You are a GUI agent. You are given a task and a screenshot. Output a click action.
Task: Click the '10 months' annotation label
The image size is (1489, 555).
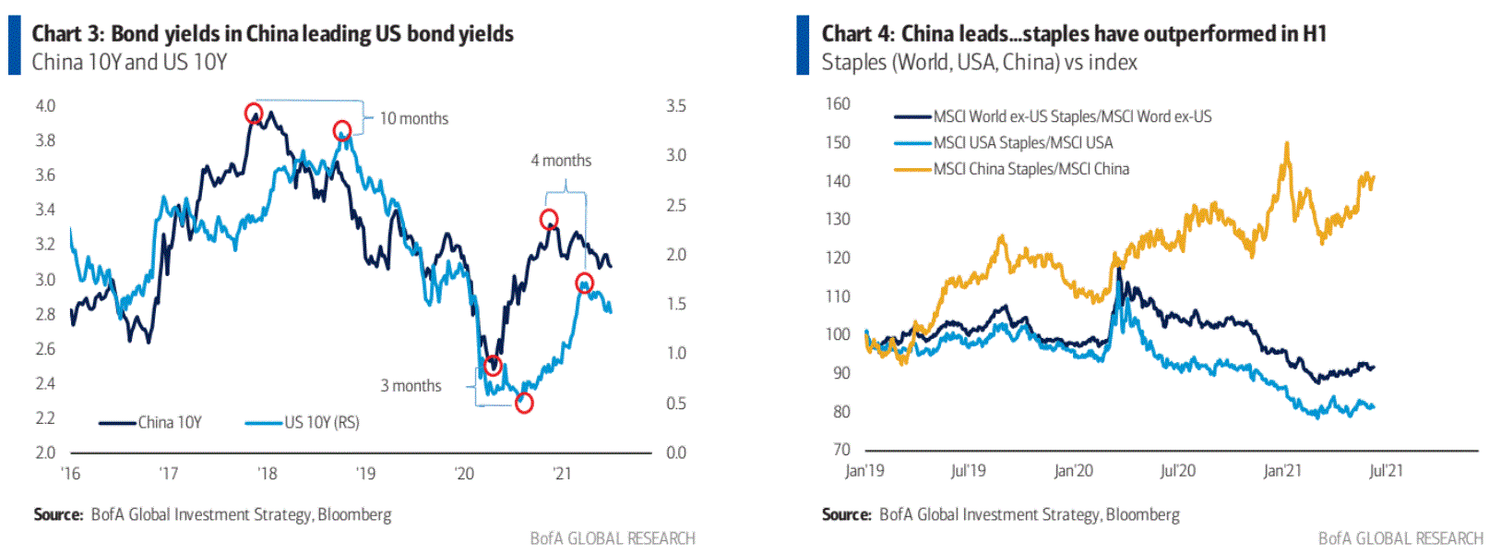click(413, 118)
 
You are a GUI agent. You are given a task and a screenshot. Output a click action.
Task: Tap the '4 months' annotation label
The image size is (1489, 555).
click(561, 161)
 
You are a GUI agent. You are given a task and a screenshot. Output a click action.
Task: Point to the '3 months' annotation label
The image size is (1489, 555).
click(411, 386)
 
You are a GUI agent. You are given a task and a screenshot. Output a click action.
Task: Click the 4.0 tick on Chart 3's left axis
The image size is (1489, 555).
click(45, 106)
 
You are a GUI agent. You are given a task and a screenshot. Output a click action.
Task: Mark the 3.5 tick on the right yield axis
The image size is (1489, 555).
click(676, 106)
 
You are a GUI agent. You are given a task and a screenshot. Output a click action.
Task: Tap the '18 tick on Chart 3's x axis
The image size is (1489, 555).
click(267, 474)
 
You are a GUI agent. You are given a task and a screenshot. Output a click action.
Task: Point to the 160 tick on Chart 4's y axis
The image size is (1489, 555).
click(838, 104)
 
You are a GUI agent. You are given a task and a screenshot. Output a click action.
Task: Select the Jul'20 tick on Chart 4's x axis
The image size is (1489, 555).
click(1177, 471)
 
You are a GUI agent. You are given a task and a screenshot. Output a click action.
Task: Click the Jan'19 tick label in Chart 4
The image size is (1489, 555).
click(864, 471)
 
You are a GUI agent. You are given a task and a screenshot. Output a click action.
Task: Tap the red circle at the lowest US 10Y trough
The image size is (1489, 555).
click(524, 403)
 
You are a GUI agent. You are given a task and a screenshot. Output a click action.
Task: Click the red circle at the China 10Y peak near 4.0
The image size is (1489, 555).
click(254, 114)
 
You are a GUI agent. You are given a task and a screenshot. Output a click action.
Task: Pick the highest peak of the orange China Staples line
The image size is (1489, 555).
click(1286, 143)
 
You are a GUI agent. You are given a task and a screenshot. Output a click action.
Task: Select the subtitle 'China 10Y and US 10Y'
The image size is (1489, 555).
click(129, 63)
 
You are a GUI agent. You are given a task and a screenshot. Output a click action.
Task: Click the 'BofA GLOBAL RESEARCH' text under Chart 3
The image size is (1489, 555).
click(613, 538)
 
